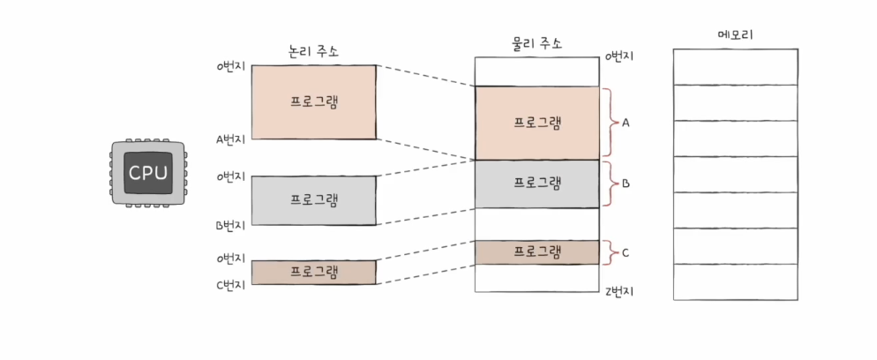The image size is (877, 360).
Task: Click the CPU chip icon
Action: point(147,174)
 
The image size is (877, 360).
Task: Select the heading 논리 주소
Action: point(313,52)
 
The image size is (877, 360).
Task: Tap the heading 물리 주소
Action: point(536,42)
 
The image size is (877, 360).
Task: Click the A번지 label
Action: point(231,139)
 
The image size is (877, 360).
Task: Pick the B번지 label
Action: point(231,225)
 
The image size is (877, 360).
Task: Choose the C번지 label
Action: point(231,284)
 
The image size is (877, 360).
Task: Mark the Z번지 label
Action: point(620,291)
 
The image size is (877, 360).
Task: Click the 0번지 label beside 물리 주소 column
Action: point(620,56)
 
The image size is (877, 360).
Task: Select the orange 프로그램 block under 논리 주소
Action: point(314,101)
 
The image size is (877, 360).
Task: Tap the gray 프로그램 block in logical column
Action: point(314,199)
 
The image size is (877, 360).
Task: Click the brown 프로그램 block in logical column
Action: point(314,272)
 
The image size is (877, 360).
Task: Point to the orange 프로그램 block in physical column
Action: point(536,123)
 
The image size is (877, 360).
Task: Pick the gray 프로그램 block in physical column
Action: point(536,184)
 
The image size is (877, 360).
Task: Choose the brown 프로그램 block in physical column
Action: point(536,252)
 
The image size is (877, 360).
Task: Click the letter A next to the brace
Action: point(626,123)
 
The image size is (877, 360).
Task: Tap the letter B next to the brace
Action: point(626,184)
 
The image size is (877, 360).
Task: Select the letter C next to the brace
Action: point(626,253)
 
